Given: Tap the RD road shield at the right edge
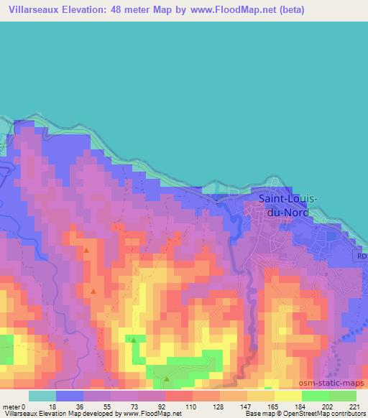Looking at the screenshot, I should tap(362, 256).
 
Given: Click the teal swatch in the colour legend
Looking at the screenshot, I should tap(42, 396).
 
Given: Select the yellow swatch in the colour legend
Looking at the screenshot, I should tap(288, 396).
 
